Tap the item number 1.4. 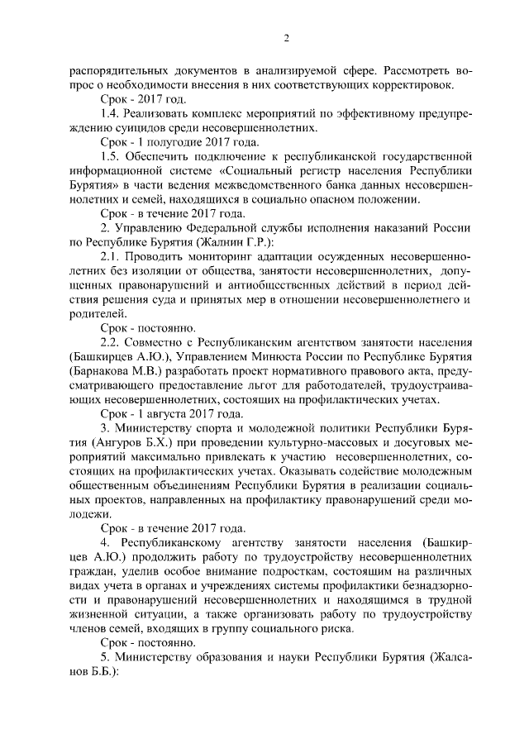click(x=110, y=113)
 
